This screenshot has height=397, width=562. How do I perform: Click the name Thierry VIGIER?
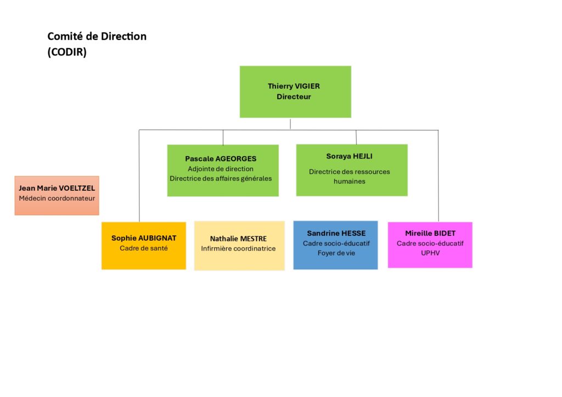294,86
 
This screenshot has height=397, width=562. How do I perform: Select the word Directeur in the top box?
294,97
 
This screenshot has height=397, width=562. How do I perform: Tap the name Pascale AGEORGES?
221,158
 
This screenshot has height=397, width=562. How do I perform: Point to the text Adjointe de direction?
221,169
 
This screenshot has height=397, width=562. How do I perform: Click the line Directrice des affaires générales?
221,179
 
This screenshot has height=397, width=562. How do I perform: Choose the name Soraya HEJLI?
349,156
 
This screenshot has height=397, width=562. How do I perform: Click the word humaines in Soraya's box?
350,182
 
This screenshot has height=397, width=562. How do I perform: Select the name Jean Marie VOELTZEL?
57,188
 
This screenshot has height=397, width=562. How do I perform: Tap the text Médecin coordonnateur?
57,198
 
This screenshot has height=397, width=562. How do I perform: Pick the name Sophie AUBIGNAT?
144,238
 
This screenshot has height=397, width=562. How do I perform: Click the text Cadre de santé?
144,248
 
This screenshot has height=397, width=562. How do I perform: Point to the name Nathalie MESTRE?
238,239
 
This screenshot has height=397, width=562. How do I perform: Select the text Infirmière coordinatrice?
238,248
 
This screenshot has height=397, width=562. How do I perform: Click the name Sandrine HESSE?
336,234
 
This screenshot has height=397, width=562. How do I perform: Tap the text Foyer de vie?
336,253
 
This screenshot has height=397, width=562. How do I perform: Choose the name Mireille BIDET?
430,234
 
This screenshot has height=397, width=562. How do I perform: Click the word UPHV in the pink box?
430,253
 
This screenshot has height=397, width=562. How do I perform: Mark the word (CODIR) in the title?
67,52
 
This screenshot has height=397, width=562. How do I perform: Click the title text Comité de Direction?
97,36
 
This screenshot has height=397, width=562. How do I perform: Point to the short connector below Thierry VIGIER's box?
290,124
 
